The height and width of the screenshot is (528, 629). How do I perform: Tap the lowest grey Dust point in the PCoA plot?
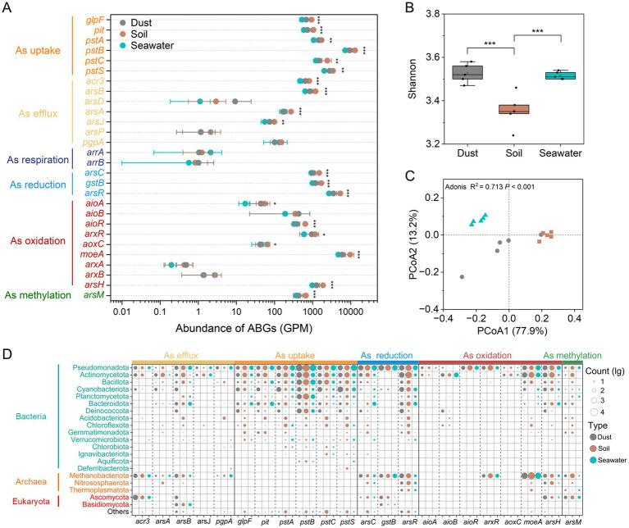click(x=461, y=277)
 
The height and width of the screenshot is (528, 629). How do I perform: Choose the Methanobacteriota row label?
click(x=103, y=475)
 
